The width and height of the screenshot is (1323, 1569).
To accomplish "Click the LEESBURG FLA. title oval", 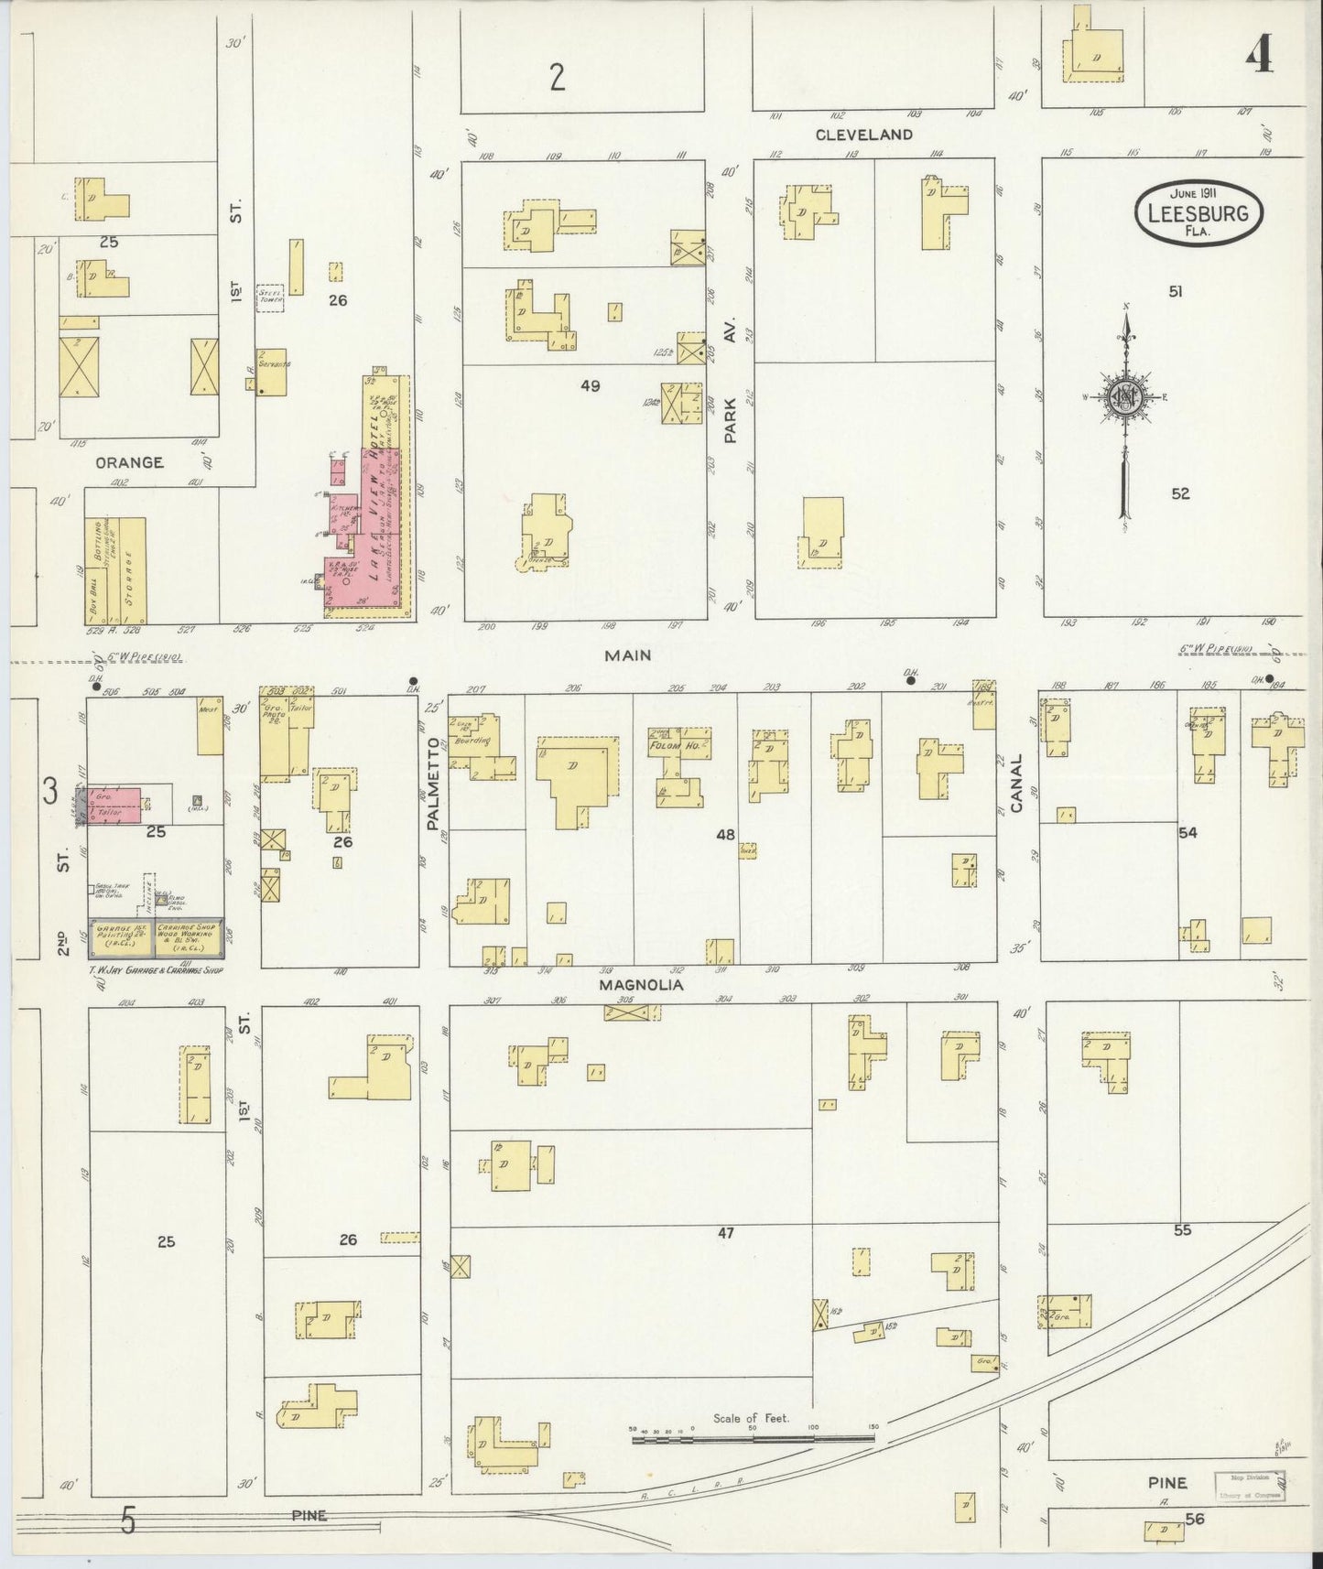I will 1199,212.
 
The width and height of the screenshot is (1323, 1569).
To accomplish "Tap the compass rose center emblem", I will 1124,396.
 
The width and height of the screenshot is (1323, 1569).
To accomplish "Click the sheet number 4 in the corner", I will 1259,57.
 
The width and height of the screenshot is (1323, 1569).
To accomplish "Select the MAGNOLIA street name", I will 642,985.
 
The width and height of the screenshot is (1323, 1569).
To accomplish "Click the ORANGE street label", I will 128,462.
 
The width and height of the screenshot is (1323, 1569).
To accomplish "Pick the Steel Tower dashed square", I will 271,297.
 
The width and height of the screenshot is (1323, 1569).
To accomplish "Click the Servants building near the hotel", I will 273,371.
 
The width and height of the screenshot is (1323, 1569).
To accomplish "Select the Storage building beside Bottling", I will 133,570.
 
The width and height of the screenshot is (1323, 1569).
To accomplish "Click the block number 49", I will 591,386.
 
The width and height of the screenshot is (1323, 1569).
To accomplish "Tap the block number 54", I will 1188,832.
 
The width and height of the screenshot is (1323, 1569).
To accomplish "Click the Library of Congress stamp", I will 1250,1488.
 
